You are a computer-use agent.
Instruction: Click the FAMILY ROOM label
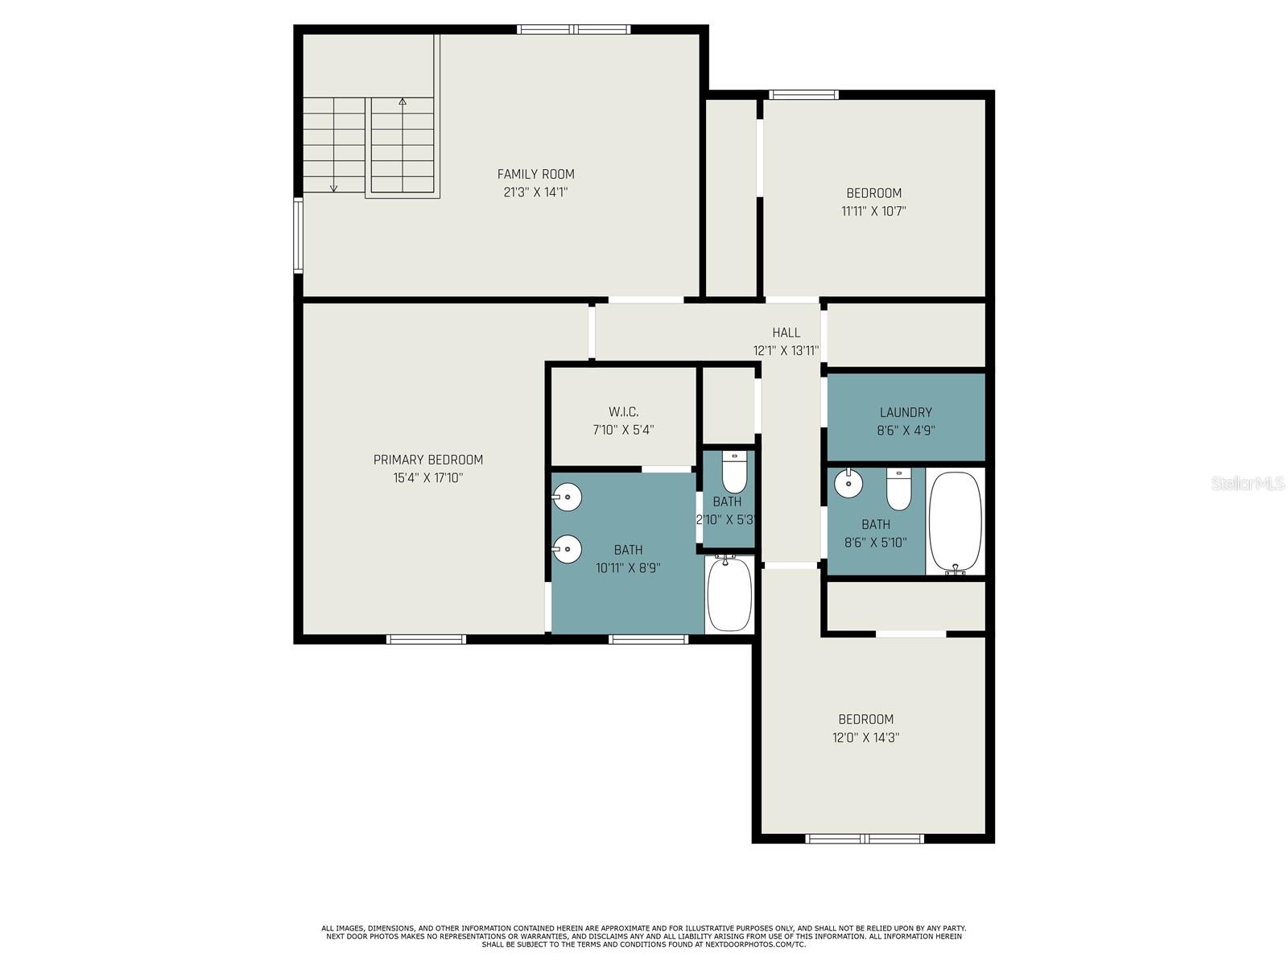pyautogui.click(x=535, y=174)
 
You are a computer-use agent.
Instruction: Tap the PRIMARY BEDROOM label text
pyautogui.click(x=427, y=460)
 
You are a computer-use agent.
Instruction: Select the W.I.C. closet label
pyautogui.click(x=623, y=411)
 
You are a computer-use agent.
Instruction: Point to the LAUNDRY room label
pyautogui.click(x=906, y=412)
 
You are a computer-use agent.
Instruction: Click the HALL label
pyautogui.click(x=786, y=332)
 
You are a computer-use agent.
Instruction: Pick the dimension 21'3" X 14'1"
pyautogui.click(x=535, y=192)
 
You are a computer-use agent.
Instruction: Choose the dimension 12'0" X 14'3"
pyautogui.click(x=865, y=737)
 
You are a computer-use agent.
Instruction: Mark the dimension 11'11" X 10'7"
pyautogui.click(x=873, y=211)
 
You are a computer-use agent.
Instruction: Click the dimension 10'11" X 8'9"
pyautogui.click(x=628, y=568)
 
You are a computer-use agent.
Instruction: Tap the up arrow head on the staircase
pyautogui.click(x=402, y=101)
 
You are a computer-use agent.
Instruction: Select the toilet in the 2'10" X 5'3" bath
pyautogui.click(x=733, y=472)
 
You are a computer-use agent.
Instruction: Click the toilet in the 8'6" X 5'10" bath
pyautogui.click(x=898, y=489)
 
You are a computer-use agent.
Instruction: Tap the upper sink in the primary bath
pyautogui.click(x=566, y=497)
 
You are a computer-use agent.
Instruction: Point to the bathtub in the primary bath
pyautogui.click(x=729, y=593)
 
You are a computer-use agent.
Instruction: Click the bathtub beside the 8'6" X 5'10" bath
pyautogui.click(x=956, y=522)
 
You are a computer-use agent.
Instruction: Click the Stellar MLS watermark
pyautogui.click(x=1247, y=483)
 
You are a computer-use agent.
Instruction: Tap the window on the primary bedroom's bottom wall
pyautogui.click(x=426, y=638)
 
